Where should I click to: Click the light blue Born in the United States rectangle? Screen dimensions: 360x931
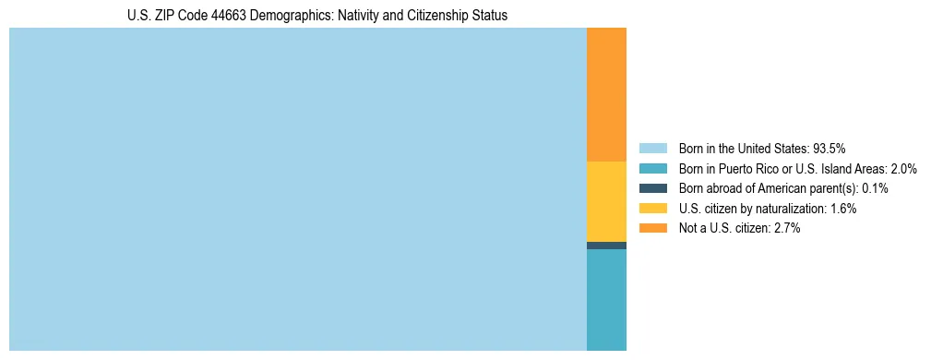(x=297, y=189)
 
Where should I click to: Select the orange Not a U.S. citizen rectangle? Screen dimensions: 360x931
(x=606, y=94)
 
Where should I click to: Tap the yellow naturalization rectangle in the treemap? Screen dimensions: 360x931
(x=606, y=201)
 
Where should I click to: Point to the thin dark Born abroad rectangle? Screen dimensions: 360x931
(x=606, y=246)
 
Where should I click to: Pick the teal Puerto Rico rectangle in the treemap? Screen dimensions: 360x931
(x=606, y=299)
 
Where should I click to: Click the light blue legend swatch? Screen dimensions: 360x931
(x=652, y=148)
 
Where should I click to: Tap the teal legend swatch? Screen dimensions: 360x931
(x=652, y=168)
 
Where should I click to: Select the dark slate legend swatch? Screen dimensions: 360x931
(x=652, y=188)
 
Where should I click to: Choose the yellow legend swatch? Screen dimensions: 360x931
(x=652, y=209)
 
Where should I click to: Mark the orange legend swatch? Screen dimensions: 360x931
(x=652, y=228)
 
